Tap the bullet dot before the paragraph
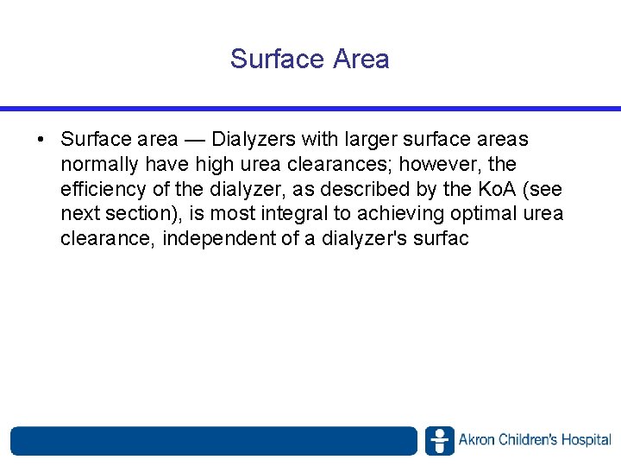click(x=41, y=139)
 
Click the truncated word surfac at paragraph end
click(x=437, y=239)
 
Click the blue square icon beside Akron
click(x=439, y=441)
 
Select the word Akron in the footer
click(x=477, y=441)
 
